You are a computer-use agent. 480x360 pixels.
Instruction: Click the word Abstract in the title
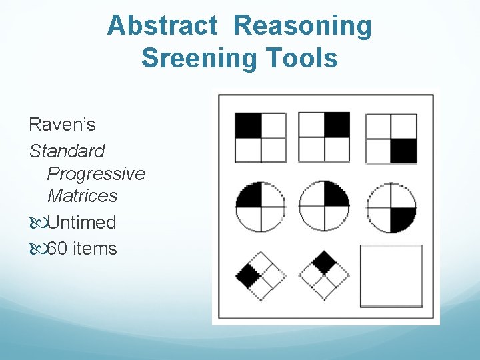tap(162, 26)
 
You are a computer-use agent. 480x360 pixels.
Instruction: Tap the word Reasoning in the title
tap(303, 26)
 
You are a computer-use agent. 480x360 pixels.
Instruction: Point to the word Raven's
tap(62, 124)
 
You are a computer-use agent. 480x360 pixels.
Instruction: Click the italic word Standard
tap(67, 151)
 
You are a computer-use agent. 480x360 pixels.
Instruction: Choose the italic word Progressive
tap(96, 173)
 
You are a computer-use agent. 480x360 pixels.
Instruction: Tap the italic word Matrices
tap(82, 196)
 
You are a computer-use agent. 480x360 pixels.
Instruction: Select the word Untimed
tap(81, 222)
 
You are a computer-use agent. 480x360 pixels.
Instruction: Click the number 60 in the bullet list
tap(58, 249)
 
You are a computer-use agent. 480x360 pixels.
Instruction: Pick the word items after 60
tap(95, 249)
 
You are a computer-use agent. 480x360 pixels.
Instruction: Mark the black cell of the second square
tap(336, 125)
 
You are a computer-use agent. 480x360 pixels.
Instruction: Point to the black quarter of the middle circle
tap(335, 194)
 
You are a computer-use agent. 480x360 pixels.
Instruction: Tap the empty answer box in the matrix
tap(391, 275)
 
